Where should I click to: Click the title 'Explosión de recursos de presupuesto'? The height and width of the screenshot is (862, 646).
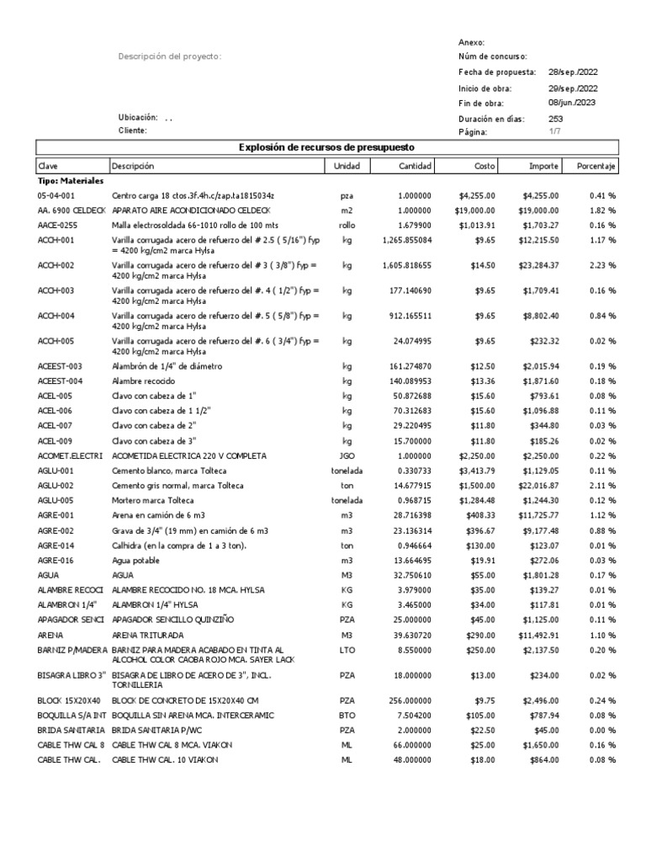326,148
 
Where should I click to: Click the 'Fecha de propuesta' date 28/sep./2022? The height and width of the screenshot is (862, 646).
574,72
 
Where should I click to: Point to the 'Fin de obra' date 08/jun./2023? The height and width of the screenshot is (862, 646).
573,103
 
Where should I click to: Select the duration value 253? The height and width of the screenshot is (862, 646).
556,118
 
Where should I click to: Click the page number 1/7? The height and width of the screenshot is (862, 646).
555,132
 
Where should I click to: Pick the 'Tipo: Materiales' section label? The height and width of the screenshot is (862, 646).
71,180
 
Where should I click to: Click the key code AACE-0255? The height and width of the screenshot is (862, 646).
58,226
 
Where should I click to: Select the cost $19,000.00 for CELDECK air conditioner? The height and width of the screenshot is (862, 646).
477,210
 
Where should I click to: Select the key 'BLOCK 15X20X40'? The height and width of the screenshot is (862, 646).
71,700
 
